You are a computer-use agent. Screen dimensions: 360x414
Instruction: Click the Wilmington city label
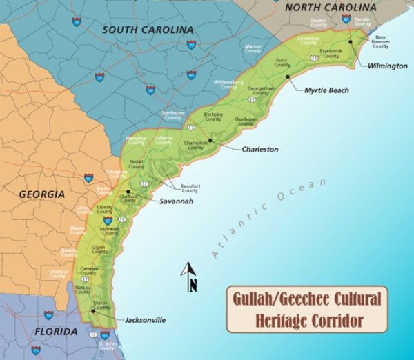click(x=388, y=66)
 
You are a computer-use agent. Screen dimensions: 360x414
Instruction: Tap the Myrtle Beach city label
click(x=326, y=90)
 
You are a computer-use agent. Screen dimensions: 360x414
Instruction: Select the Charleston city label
click(x=260, y=149)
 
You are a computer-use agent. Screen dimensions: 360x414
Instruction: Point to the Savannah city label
click(x=176, y=202)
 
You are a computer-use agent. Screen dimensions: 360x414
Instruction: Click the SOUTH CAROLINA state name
click(x=147, y=30)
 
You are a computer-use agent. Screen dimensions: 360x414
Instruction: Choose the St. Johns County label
click(x=106, y=345)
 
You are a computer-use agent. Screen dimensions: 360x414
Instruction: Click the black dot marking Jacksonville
click(x=92, y=311)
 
